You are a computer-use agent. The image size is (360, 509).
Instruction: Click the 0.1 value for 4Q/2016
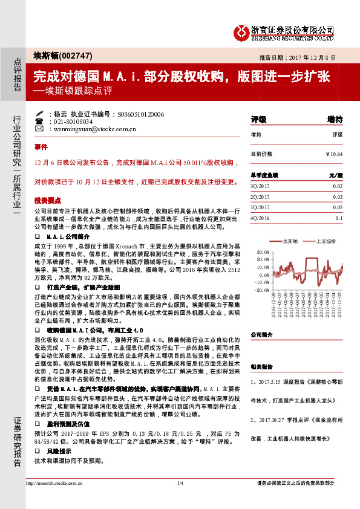click(339, 218)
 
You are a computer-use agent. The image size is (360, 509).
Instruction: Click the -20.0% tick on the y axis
click(263, 290)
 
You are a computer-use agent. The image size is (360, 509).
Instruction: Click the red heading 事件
click(41, 147)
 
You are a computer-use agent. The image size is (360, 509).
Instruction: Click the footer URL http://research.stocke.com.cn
click(53, 499)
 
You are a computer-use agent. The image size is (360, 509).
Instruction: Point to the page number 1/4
click(180, 499)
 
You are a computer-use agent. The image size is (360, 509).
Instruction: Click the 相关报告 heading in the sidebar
click(261, 366)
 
